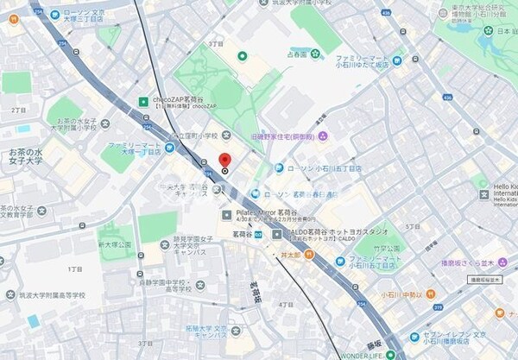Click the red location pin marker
pyautogui.click(x=224, y=161)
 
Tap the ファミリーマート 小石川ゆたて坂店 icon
pyautogui.click(x=398, y=60)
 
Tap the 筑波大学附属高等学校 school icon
pyautogui.click(x=10, y=294)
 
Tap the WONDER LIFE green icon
pyautogui.click(x=390, y=354)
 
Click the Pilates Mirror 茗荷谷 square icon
pyautogui.click(x=226, y=213)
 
